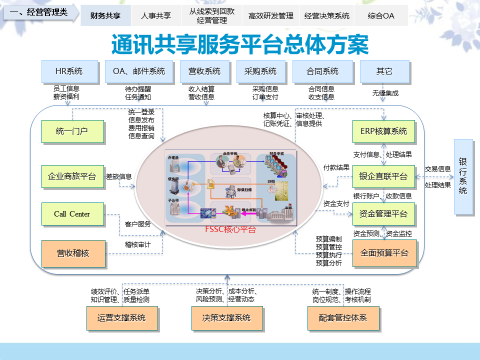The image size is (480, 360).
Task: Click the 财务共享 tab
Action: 105,15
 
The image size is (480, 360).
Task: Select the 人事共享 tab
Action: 155,15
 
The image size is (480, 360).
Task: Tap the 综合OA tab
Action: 380,15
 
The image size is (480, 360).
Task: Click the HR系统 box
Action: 68,71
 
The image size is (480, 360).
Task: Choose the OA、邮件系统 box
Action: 139,71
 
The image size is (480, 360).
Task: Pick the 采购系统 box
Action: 260,71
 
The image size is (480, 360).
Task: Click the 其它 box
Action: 384,71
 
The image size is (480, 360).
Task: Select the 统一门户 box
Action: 72,132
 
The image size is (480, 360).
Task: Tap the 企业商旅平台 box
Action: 72,176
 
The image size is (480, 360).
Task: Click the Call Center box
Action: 72,214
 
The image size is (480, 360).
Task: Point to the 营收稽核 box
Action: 73,253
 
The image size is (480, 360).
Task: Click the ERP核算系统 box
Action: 383,132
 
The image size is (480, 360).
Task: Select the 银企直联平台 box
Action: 383,176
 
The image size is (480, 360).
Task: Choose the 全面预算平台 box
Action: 384,252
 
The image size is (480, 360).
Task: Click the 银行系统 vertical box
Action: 463,176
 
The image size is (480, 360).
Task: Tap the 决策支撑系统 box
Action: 226,317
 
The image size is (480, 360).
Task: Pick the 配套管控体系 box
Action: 343,317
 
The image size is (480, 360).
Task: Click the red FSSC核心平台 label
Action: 230,229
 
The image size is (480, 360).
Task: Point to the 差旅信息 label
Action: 119,176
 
